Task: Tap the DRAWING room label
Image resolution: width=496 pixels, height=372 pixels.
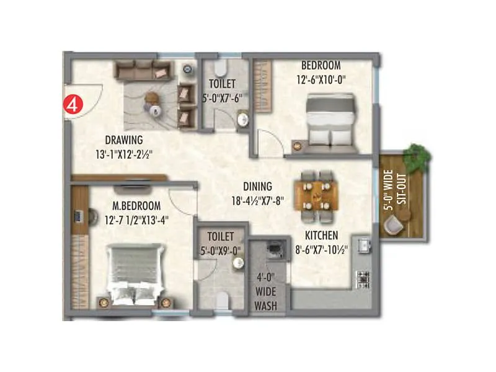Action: tap(124, 139)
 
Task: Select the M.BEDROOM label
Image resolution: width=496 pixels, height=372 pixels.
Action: tap(136, 205)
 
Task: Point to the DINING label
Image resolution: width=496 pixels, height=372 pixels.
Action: tap(257, 186)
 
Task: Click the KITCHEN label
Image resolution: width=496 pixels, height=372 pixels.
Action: tap(321, 236)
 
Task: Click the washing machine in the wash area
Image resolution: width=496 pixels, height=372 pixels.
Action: tap(270, 250)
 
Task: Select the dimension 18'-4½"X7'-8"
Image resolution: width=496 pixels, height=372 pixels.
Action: tap(257, 200)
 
